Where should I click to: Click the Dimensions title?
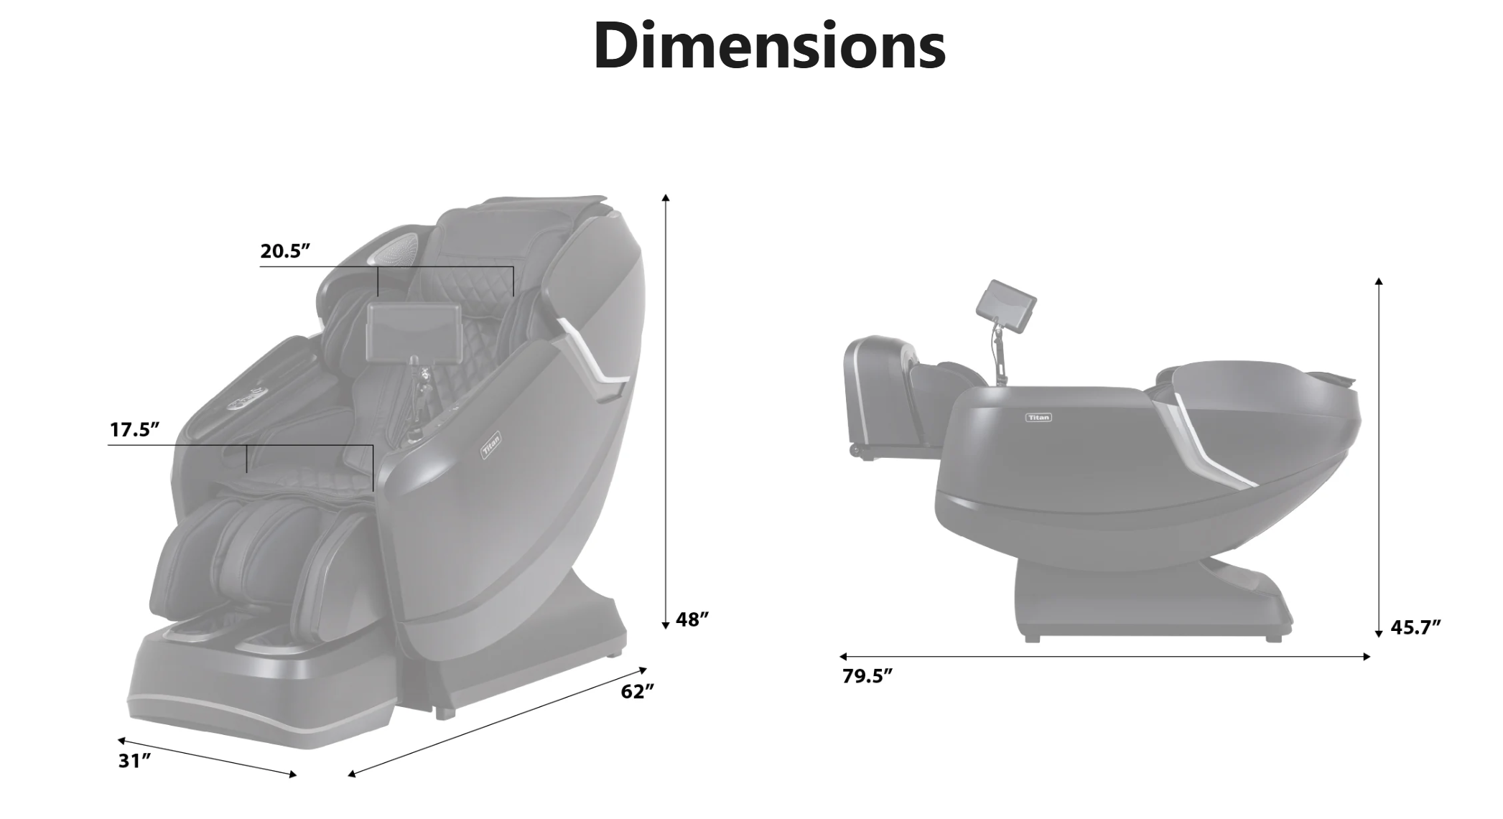(x=769, y=45)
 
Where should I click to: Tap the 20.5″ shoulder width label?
(x=285, y=251)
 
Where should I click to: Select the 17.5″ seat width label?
(x=134, y=430)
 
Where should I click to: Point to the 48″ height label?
(x=692, y=619)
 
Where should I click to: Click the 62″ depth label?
(x=638, y=691)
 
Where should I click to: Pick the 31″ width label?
(x=134, y=761)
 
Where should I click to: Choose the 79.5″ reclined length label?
(x=867, y=676)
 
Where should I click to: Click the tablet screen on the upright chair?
(x=414, y=330)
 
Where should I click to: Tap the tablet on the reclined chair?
(x=1006, y=307)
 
